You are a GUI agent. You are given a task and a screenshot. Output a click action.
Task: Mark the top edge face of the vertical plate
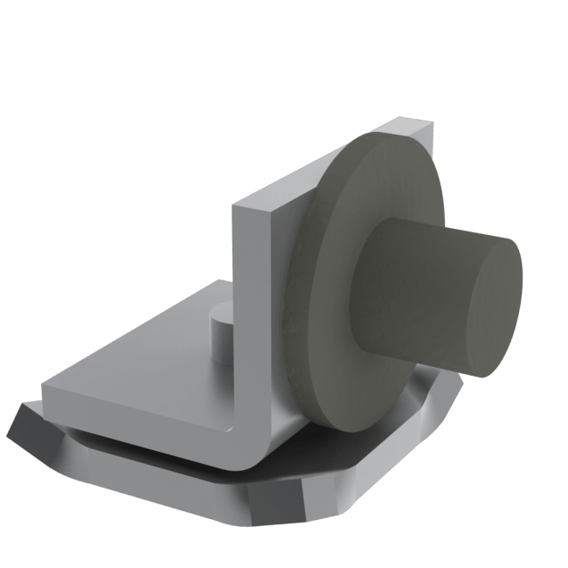coord(332,166)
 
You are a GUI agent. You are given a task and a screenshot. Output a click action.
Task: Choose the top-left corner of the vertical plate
coord(234,208)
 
